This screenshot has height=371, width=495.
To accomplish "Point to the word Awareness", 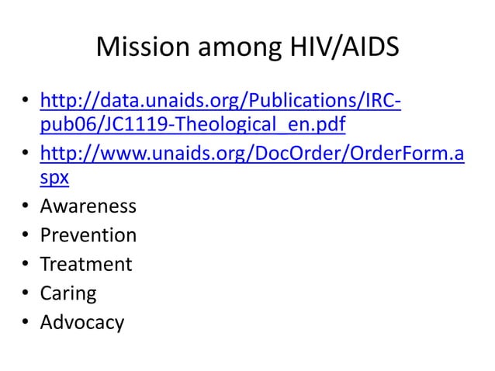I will click(88, 207).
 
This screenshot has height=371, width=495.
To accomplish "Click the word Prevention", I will click(88, 235).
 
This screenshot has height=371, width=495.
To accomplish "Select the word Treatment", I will click(85, 265).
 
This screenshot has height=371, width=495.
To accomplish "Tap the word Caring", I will click(68, 293).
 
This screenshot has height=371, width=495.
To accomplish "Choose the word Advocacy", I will click(81, 322).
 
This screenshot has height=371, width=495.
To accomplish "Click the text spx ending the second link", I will click(54, 178).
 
